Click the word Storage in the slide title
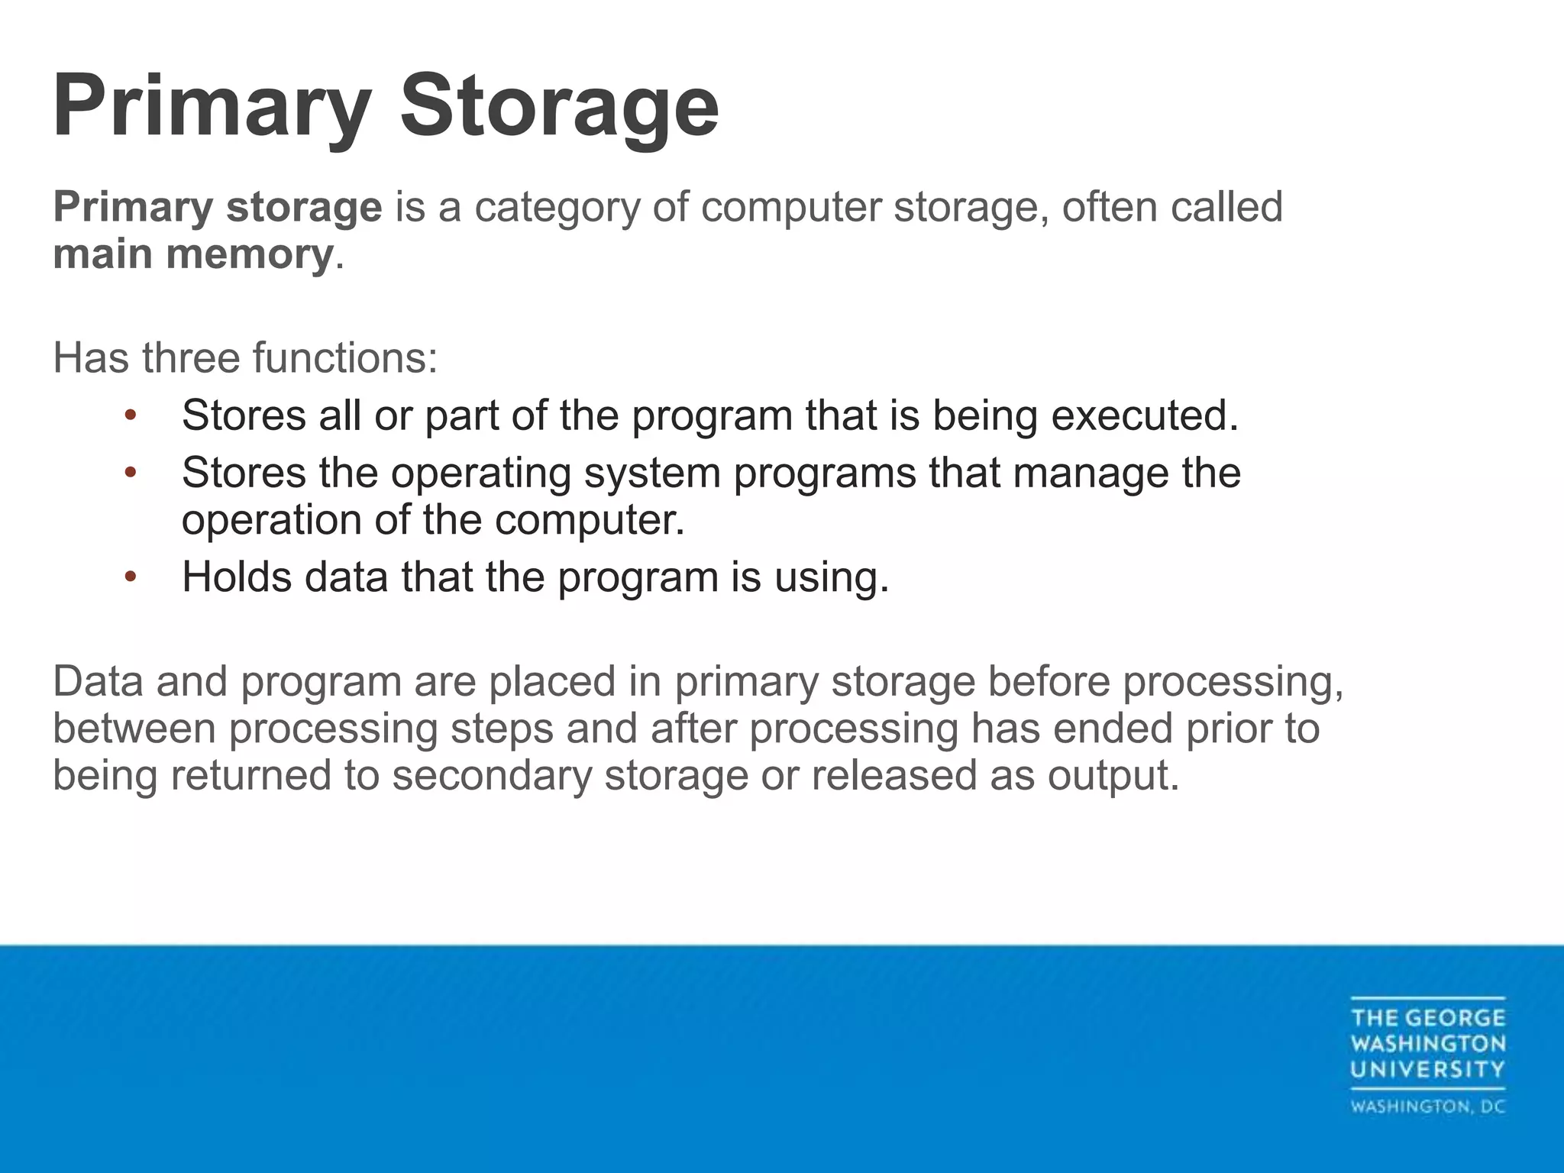tap(559, 106)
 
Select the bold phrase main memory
tap(193, 254)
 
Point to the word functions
tap(344, 357)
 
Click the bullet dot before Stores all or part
tap(131, 415)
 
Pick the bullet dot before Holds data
tap(131, 577)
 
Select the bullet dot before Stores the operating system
tap(131, 473)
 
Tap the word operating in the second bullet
tap(481, 473)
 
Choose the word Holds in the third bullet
tap(237, 577)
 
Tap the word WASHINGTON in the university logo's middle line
tap(1427, 1043)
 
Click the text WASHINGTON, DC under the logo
tap(1427, 1107)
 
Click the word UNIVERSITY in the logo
tap(1427, 1069)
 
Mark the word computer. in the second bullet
tap(589, 521)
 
